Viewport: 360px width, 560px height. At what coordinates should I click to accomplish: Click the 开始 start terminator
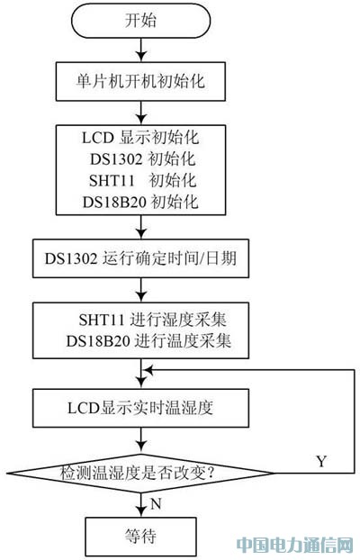[140, 21]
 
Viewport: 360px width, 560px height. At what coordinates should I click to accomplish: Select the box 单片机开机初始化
[140, 81]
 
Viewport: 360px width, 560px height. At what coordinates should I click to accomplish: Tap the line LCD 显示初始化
[140, 138]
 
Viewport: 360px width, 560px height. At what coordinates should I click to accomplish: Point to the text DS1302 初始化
[142, 158]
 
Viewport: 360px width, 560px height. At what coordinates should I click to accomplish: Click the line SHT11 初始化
[142, 180]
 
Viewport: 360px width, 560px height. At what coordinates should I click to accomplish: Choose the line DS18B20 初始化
[140, 202]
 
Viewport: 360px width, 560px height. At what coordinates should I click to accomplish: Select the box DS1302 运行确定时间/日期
[140, 258]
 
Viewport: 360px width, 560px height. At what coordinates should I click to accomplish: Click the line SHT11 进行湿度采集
[152, 320]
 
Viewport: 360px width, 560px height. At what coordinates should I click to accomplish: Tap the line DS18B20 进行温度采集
[148, 341]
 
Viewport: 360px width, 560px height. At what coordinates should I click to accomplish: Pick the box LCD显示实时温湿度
[140, 408]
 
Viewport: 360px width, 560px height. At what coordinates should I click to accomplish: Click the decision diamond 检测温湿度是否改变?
[140, 474]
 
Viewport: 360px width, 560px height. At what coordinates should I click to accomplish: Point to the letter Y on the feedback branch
[321, 461]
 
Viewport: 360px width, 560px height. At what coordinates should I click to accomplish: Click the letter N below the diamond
[156, 503]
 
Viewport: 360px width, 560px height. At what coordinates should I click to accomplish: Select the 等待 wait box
[140, 537]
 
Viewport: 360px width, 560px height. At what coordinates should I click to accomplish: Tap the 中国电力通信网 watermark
[294, 546]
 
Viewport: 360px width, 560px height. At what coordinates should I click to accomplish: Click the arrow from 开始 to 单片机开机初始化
[141, 50]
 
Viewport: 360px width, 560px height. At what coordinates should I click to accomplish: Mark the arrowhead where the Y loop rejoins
[148, 370]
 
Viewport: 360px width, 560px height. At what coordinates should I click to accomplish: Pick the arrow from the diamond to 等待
[141, 505]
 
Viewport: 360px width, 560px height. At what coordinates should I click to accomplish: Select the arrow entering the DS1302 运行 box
[141, 227]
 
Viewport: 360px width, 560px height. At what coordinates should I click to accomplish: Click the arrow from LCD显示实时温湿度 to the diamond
[141, 441]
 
